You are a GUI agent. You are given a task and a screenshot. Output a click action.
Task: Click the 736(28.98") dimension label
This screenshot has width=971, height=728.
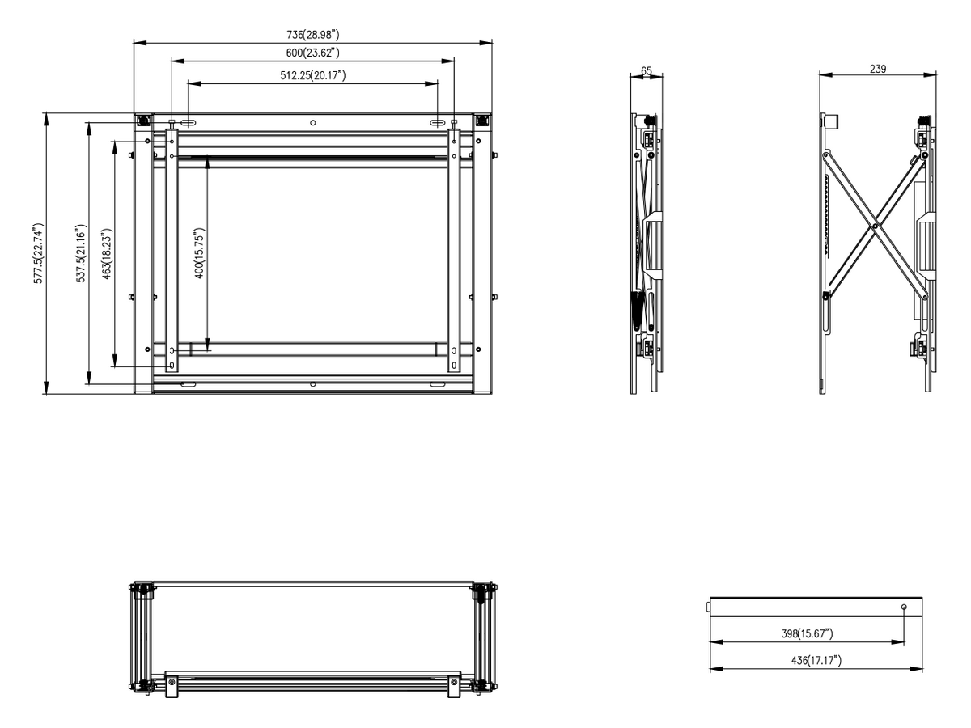(x=312, y=35)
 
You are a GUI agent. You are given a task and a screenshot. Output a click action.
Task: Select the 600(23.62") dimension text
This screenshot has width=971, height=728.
(x=312, y=53)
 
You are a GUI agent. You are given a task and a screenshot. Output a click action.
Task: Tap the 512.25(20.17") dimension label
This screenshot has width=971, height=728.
(x=312, y=75)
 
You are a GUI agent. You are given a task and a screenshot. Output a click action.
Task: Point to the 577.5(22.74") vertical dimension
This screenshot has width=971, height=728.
(x=39, y=253)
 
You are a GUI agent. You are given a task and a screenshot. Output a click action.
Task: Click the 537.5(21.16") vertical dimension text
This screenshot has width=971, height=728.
(x=81, y=253)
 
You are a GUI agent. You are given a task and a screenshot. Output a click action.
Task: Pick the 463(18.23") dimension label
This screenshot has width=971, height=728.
(x=107, y=254)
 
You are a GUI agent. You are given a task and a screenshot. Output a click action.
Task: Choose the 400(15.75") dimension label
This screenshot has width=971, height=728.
(x=200, y=253)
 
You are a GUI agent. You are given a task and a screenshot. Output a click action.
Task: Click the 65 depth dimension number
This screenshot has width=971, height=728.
(x=646, y=70)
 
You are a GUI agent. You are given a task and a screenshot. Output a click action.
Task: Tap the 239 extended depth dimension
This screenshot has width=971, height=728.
(x=878, y=69)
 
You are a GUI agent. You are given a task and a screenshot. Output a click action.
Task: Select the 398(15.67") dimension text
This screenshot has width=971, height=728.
(x=807, y=633)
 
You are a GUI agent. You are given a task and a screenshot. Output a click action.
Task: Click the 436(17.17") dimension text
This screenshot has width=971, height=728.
(x=816, y=660)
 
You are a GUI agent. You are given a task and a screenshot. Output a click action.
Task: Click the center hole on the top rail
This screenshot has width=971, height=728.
(x=313, y=122)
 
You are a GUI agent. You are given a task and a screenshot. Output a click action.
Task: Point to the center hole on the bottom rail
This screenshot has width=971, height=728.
(x=313, y=384)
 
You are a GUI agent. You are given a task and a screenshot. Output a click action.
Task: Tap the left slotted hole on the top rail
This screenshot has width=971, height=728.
(x=189, y=122)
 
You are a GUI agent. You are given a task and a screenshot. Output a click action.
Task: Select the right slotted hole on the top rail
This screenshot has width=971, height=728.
(x=438, y=122)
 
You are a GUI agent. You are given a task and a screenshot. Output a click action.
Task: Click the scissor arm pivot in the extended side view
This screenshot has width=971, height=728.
(x=875, y=226)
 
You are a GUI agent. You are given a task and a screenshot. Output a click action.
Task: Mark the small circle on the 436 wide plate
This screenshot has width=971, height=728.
(x=904, y=607)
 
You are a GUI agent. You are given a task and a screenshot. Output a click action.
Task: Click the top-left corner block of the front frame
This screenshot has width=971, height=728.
(x=143, y=121)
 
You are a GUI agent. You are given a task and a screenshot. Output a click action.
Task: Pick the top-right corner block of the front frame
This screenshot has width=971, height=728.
(x=481, y=121)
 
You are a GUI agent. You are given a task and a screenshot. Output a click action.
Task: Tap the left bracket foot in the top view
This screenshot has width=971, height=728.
(x=172, y=684)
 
